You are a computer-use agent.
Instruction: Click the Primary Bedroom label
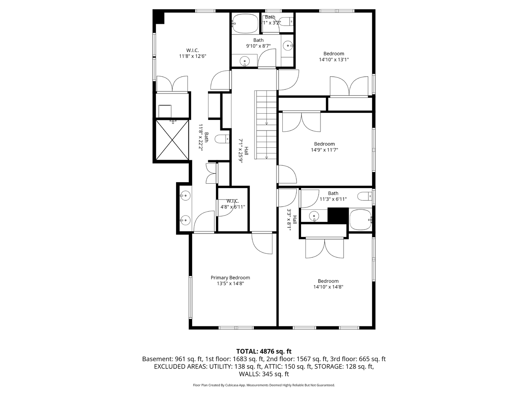(230, 278)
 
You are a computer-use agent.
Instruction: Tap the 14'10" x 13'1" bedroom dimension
(334, 60)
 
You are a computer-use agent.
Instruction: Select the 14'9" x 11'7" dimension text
(324, 150)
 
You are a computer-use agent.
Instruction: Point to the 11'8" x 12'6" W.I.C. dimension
(192, 56)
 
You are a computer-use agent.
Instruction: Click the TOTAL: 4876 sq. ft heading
(264, 351)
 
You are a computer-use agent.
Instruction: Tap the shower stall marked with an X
(172, 140)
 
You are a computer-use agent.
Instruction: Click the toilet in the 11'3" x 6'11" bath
(365, 197)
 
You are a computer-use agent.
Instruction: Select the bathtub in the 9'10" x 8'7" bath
(245, 23)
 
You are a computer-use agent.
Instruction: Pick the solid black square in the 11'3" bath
(338, 215)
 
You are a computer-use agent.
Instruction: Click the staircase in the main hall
(266, 125)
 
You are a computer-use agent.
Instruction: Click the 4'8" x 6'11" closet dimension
(232, 207)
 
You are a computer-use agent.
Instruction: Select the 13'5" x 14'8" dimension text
(230, 283)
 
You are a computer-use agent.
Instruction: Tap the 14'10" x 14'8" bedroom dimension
(328, 287)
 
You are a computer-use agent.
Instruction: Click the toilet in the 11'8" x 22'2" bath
(222, 139)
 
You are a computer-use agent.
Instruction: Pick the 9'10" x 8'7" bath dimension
(258, 46)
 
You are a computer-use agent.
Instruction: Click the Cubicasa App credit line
(264, 385)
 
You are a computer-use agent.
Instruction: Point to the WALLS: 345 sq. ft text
(264, 374)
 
